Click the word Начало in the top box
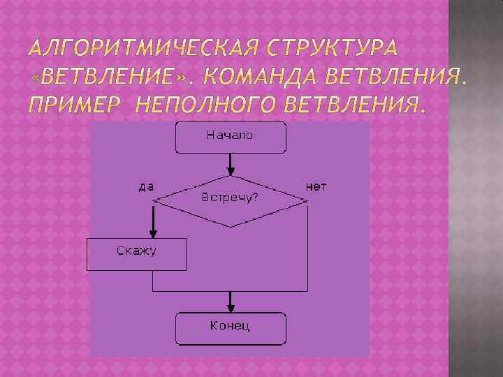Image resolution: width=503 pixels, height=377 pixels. pyautogui.click(x=229, y=135)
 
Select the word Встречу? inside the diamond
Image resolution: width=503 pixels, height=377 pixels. pyautogui.click(x=230, y=197)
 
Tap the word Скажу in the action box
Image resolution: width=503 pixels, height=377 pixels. pyautogui.click(x=136, y=250)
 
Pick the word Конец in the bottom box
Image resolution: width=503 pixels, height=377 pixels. pyautogui.click(x=230, y=325)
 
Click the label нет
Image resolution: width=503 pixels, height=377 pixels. pyautogui.click(x=316, y=186)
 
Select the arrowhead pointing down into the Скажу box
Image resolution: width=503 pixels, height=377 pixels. pyautogui.click(x=153, y=234)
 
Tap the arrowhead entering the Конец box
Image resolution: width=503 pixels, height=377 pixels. pyautogui.click(x=230, y=309)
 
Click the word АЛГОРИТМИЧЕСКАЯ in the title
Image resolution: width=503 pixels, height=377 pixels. pyautogui.click(x=145, y=50)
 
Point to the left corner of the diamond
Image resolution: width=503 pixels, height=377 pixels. pyautogui.click(x=154, y=201)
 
